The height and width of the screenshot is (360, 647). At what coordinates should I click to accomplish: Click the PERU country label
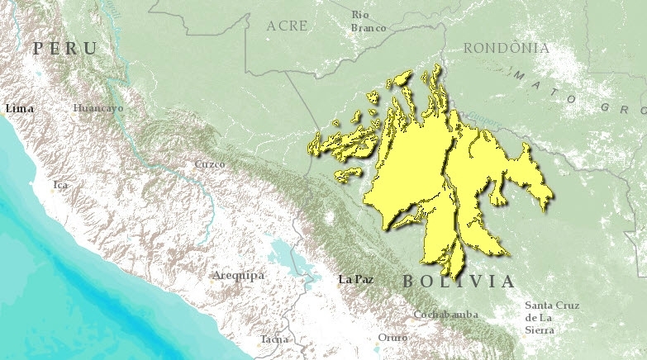click(64, 49)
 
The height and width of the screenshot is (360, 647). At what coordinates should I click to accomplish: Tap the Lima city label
click(19, 108)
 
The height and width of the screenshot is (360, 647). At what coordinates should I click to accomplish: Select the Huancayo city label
click(98, 108)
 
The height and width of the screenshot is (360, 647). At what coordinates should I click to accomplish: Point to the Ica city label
click(60, 185)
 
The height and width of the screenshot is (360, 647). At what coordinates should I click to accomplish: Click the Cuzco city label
click(209, 164)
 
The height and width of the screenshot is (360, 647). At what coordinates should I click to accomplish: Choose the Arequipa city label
click(238, 275)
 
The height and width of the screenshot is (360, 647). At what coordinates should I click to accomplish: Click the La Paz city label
click(356, 279)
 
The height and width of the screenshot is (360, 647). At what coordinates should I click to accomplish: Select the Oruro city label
click(392, 338)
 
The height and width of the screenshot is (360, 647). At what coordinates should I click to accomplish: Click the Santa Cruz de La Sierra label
click(551, 317)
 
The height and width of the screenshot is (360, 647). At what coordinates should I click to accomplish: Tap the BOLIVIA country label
click(459, 282)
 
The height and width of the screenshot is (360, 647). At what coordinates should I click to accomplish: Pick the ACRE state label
click(287, 26)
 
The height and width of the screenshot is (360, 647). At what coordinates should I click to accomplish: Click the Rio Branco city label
click(368, 21)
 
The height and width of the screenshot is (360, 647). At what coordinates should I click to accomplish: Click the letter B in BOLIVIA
click(409, 282)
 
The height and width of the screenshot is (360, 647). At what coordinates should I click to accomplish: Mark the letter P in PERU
click(38, 49)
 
